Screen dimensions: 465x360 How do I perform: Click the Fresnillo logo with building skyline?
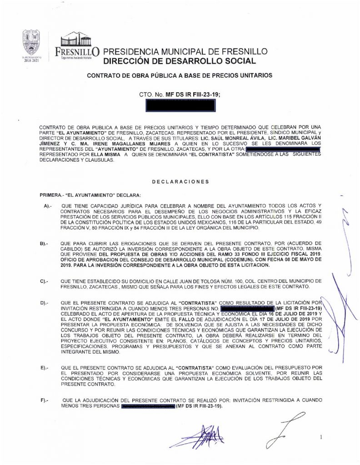point(77,46)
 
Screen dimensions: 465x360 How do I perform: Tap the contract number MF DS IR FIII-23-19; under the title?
point(191,94)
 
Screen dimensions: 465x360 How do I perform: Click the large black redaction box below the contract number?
point(180,106)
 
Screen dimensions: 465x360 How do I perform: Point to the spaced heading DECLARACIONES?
point(180,182)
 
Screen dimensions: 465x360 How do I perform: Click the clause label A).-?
point(48,206)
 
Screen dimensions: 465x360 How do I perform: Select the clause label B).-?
point(48,244)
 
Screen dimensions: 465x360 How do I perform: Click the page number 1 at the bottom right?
point(320,437)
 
